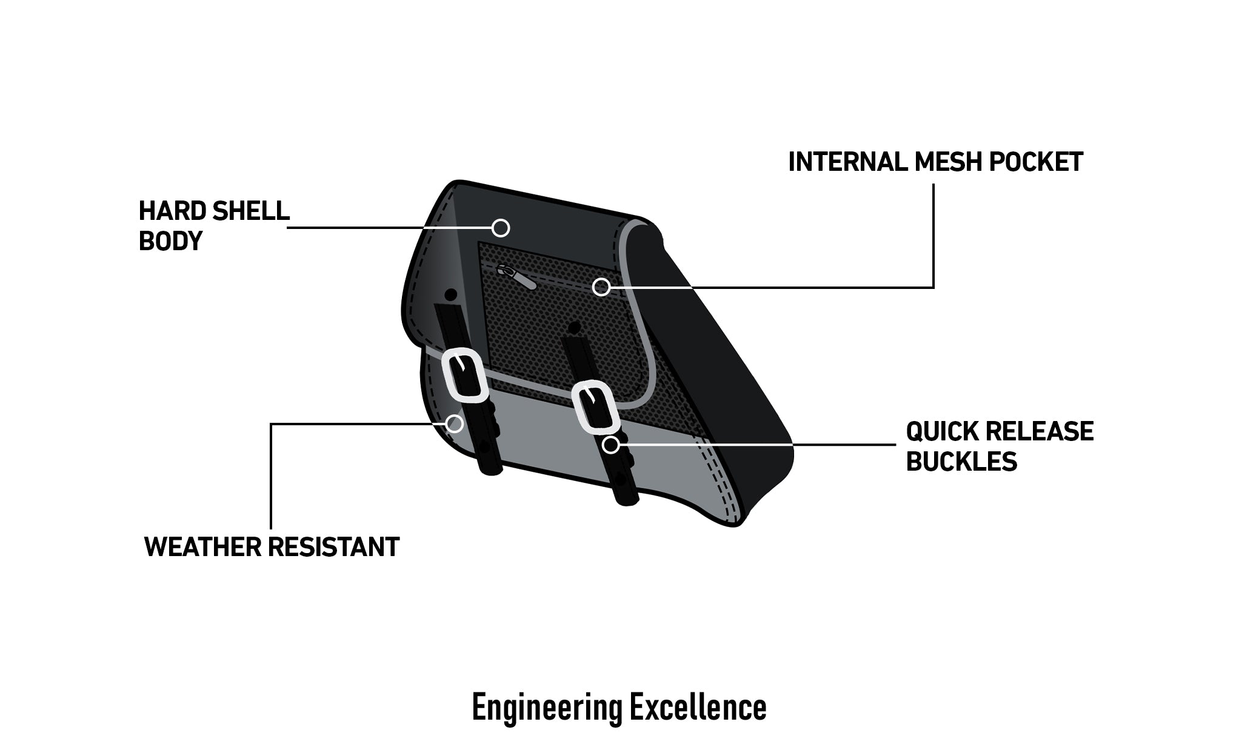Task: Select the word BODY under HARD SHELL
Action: click(x=170, y=241)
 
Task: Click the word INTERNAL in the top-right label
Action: click(x=847, y=162)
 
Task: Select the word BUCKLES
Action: click(x=961, y=462)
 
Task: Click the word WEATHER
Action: click(x=203, y=547)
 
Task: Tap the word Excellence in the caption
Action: click(x=698, y=706)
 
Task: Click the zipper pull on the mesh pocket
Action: click(x=516, y=277)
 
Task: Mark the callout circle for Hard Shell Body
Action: click(x=500, y=228)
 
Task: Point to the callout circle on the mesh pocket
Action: click(x=601, y=287)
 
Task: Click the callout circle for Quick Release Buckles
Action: click(x=611, y=445)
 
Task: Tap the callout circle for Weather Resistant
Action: click(x=454, y=423)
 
